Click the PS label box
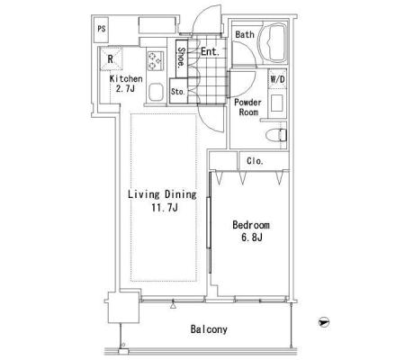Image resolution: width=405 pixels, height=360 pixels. tap(101, 30)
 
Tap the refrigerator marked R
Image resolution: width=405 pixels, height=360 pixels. tap(111, 58)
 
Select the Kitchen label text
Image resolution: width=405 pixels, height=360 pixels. tap(126, 79)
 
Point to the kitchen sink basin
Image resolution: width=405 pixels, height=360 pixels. tap(156, 93)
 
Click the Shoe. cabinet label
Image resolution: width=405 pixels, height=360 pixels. tap(182, 57)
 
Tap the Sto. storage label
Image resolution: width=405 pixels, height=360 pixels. tap(178, 92)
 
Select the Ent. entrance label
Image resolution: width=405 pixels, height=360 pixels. tap(210, 51)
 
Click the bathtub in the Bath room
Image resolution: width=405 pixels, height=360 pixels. tap(273, 42)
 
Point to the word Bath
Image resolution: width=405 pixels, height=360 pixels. tap(245, 34)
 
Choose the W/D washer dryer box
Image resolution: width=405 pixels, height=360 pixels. tap(277, 79)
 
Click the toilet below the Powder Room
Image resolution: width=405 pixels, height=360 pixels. tap(276, 135)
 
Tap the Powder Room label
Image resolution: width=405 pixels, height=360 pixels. tap(247, 107)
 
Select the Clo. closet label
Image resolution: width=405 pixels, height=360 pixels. tap(255, 161)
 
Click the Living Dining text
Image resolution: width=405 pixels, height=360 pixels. tap(162, 194)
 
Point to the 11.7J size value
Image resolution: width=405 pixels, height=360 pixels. tap(165, 207)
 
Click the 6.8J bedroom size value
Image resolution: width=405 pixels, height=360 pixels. tap(252, 238)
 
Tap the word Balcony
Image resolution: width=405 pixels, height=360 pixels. tap(209, 329)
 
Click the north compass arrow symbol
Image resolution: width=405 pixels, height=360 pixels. tap(324, 322)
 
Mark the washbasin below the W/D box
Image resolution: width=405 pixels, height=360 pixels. tap(277, 103)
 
